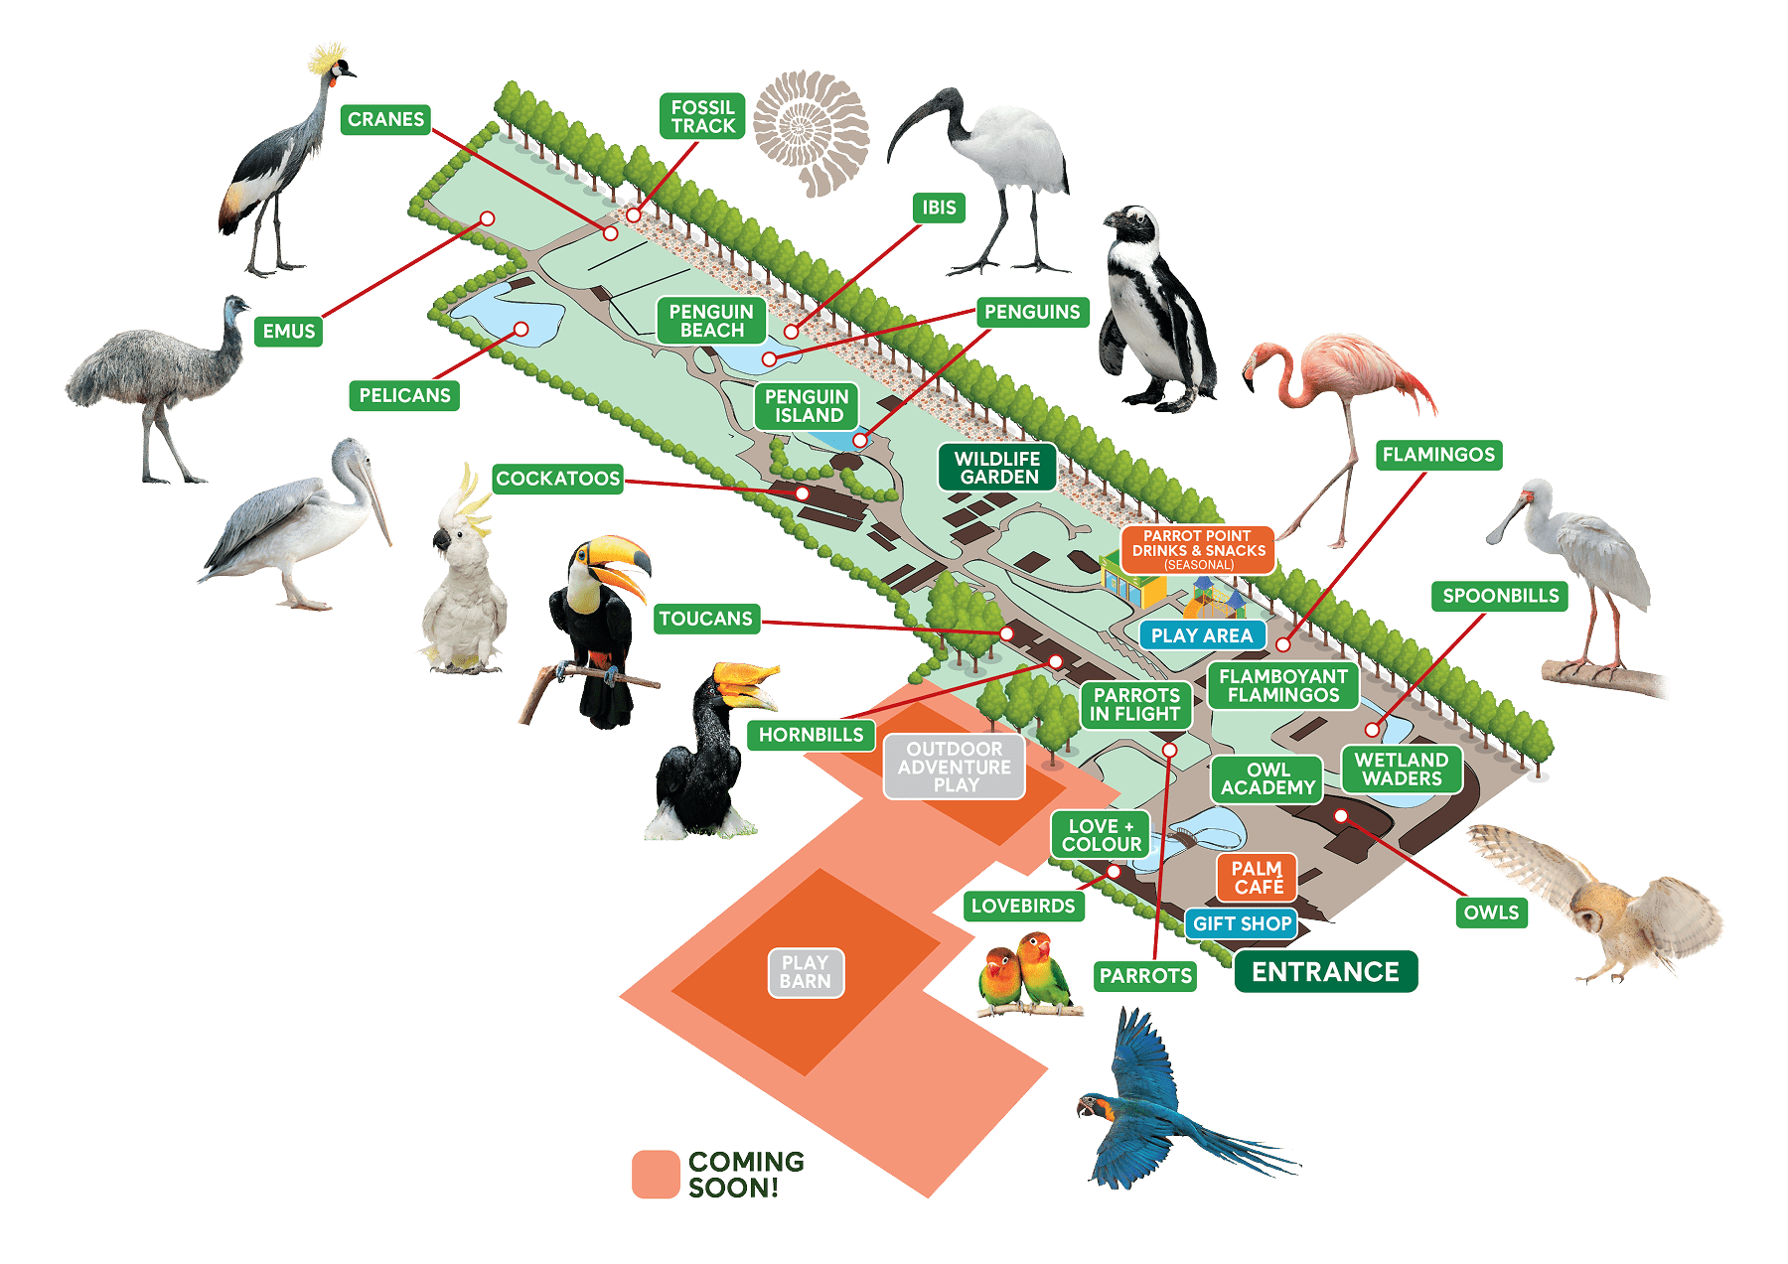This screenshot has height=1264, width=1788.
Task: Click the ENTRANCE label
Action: (1325, 971)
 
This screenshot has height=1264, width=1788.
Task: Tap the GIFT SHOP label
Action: (1242, 923)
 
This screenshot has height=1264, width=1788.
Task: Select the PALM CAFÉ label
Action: (1257, 877)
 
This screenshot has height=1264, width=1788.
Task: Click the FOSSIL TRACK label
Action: (702, 116)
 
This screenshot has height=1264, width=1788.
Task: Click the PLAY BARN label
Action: (805, 972)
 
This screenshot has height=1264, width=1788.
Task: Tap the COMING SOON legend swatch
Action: (655, 1174)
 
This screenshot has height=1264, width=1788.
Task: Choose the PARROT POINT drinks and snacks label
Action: (1198, 549)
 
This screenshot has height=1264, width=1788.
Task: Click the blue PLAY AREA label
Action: (1202, 635)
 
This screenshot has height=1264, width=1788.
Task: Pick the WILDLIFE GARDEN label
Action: (997, 468)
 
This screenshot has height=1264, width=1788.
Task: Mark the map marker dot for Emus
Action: (488, 218)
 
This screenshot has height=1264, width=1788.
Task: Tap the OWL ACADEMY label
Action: (1267, 778)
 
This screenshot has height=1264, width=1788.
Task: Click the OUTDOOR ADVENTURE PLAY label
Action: (955, 767)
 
